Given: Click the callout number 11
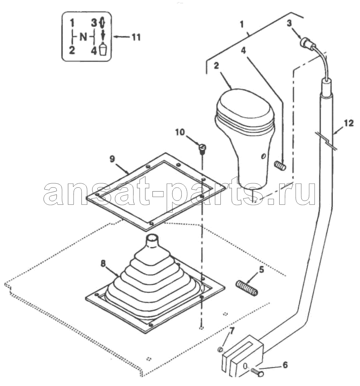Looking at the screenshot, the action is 136,37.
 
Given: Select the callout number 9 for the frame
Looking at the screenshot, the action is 112,159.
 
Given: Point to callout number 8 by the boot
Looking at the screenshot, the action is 103,264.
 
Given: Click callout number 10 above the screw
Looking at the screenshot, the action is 180,132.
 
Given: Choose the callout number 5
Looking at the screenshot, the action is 261,269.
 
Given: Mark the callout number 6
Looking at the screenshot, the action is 285,365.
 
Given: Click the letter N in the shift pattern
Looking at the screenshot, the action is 84,37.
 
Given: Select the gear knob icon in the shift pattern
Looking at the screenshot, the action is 103,48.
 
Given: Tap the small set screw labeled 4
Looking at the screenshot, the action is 280,165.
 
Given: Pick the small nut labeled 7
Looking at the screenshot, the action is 220,349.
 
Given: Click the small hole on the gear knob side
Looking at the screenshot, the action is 263,156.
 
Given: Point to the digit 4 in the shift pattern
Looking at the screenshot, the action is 94,51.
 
